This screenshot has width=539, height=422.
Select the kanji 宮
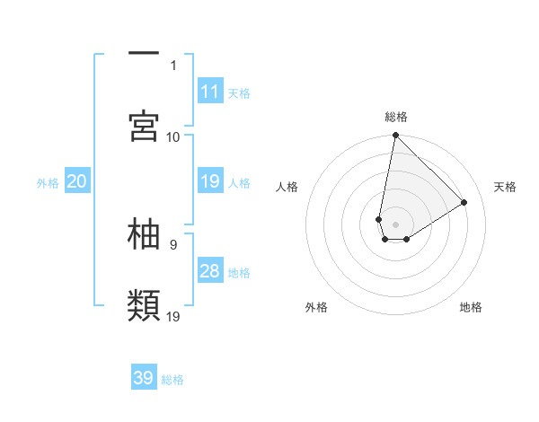(144, 126)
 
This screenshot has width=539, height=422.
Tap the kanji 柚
(144, 233)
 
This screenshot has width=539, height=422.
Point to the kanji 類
(144, 305)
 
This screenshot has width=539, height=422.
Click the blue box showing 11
(210, 92)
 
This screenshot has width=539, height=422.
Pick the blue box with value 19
(210, 181)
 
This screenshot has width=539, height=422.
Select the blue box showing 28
(210, 271)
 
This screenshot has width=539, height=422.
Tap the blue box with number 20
(77, 181)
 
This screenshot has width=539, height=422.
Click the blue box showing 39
(144, 378)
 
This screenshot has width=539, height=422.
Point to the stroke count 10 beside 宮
(173, 136)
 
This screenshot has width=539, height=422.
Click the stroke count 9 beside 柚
(173, 243)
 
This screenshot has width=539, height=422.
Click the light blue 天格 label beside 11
(239, 92)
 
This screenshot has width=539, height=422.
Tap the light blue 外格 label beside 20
(48, 182)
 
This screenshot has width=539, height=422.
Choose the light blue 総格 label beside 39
(172, 379)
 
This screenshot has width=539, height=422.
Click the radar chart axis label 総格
(396, 117)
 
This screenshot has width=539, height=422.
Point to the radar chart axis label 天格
(505, 187)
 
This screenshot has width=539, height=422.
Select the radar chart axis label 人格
(287, 187)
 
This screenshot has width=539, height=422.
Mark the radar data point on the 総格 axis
(395, 136)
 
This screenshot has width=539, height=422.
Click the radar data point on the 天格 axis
(464, 202)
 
